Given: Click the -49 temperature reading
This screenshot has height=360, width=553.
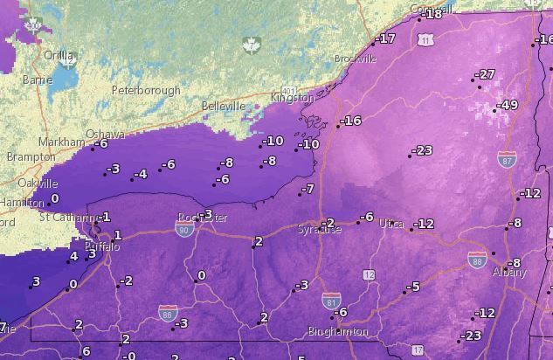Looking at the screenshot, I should (508, 106).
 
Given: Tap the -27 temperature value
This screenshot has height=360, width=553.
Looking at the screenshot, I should (486, 74).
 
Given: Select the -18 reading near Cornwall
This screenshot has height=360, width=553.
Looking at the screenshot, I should (432, 15).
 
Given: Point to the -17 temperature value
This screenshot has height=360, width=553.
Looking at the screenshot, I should (385, 38).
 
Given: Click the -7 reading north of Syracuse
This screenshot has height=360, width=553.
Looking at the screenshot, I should (308, 189).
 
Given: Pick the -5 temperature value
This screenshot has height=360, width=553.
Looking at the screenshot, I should (413, 287).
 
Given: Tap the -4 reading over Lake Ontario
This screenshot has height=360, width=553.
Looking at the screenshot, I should (141, 174).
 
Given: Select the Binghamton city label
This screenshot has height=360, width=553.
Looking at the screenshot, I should (337, 332).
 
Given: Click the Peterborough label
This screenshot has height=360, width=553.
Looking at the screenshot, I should (147, 90).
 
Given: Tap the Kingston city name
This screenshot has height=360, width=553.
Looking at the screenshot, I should (292, 98).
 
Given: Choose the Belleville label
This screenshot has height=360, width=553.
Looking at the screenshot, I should (224, 106).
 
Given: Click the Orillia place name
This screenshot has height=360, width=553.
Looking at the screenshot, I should (59, 55).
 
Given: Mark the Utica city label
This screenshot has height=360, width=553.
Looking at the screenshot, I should (391, 225).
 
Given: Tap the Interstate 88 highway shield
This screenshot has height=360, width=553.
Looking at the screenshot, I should (477, 260).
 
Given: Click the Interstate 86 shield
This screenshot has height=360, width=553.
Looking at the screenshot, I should (167, 311).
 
